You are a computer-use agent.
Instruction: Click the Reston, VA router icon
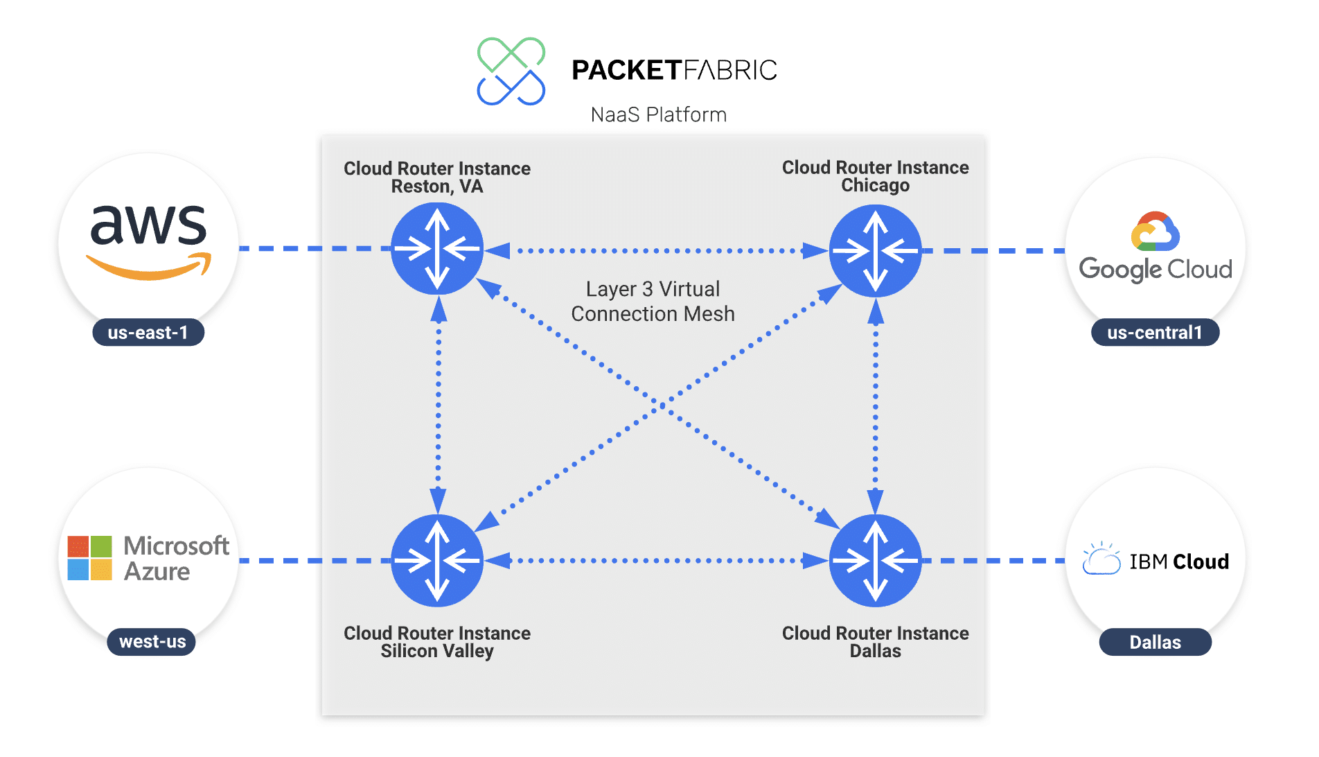point(437,249)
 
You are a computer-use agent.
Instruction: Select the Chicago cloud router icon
point(875,251)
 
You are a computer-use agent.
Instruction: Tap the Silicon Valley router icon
point(437,560)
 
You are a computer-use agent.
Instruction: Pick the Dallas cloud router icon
point(875,560)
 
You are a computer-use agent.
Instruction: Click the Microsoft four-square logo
point(89,558)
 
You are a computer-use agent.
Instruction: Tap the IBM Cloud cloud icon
point(1101,559)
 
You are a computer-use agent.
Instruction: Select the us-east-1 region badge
point(148,333)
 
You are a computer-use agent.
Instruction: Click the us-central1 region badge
point(1155,333)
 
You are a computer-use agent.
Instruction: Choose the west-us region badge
point(152,642)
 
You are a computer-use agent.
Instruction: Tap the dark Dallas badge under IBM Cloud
point(1155,643)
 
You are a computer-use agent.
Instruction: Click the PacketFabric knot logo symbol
point(511,71)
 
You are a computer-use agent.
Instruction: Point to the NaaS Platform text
point(658,115)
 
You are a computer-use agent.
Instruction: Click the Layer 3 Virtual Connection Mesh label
point(653,302)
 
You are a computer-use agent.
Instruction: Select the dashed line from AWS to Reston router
point(315,248)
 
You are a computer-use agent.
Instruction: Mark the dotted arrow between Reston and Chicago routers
point(656,250)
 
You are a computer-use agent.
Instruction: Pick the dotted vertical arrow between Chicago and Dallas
point(876,406)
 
